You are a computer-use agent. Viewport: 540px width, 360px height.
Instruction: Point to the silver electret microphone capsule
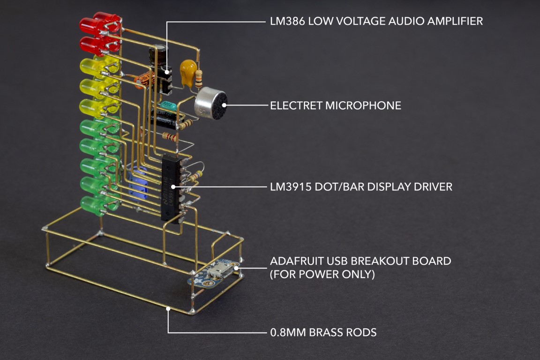tap(210, 104)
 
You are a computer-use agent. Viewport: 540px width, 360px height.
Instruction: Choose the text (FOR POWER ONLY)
tap(322, 275)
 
